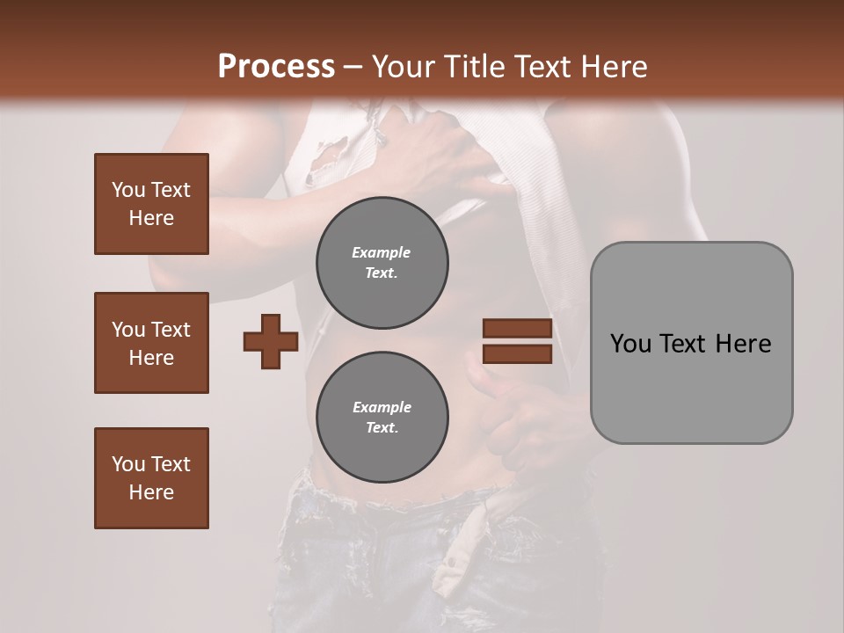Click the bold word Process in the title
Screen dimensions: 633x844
(x=276, y=66)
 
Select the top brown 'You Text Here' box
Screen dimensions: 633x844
(x=151, y=204)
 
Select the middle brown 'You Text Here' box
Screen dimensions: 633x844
(x=151, y=343)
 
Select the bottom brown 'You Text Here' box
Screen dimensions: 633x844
(x=151, y=478)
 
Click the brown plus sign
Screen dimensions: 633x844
(x=271, y=341)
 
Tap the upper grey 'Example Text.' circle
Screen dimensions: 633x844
(x=382, y=263)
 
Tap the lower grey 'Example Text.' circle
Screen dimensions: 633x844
(x=382, y=418)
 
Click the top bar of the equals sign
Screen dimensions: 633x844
(x=517, y=329)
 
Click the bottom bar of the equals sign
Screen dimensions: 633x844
(x=517, y=353)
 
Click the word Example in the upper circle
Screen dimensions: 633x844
(x=382, y=252)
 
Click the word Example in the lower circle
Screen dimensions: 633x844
(x=382, y=407)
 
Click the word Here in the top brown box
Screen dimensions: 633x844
(x=151, y=218)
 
